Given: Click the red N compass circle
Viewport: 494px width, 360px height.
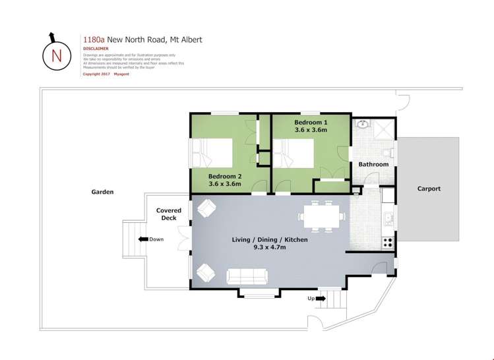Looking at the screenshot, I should tap(56, 55).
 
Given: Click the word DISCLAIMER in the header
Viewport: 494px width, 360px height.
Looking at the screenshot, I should tap(96, 49).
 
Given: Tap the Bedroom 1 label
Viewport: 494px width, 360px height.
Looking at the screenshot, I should tap(310, 123).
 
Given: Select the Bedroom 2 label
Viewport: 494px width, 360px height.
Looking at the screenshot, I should tap(225, 176).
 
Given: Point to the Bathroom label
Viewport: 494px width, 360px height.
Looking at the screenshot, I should tap(373, 164).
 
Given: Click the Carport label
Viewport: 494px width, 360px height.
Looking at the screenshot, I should tap(429, 189).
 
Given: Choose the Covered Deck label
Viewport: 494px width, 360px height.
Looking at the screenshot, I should tap(169, 214).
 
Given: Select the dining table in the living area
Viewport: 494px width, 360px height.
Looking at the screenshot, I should tap(321, 216).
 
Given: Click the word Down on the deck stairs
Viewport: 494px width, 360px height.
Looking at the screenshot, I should tap(156, 239).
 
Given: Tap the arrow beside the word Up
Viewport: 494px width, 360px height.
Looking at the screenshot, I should tap(321, 299).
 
